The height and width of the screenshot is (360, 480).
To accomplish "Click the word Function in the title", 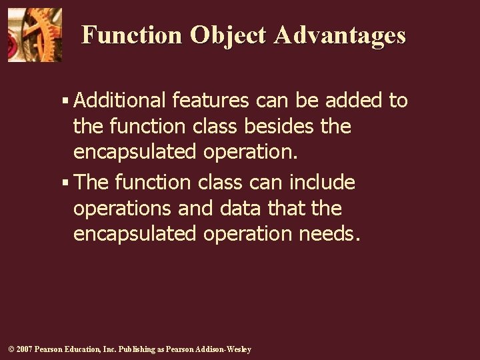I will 131,35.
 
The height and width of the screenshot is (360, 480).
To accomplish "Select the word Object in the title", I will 228,35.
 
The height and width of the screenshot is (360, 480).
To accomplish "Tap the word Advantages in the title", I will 339,35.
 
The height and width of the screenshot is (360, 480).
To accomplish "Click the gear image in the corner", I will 35,35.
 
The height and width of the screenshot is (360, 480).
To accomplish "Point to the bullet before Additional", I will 65,101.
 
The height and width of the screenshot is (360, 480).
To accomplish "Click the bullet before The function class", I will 65,183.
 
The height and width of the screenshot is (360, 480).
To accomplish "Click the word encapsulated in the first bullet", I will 135,153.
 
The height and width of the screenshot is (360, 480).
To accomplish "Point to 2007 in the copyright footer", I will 23,349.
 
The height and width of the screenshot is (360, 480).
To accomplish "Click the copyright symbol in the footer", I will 10,349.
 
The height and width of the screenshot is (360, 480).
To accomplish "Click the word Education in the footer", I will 81,349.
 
